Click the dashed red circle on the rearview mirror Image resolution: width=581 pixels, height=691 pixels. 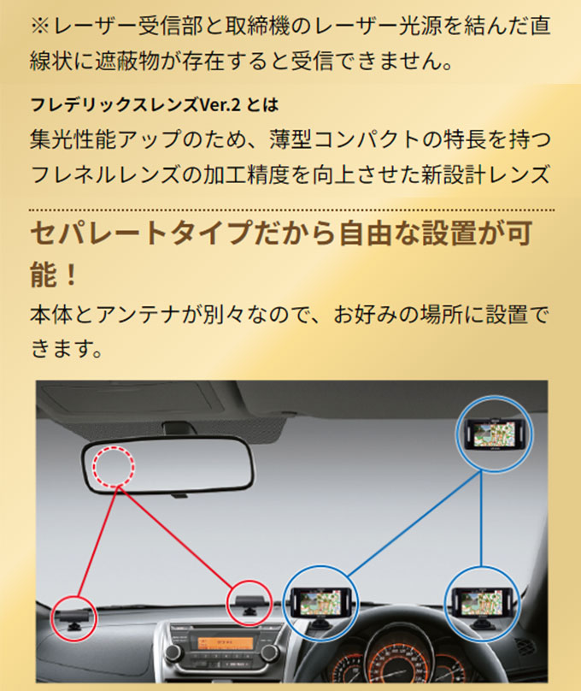[x=114, y=465]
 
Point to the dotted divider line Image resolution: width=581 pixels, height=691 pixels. [x=290, y=210]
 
